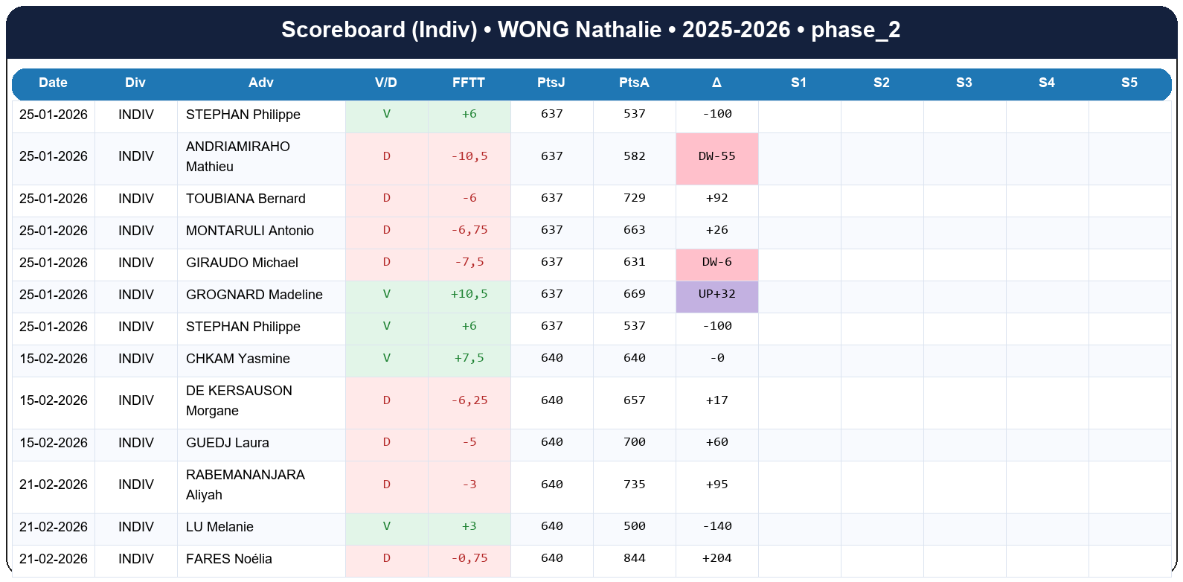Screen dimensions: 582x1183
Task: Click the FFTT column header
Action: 469,83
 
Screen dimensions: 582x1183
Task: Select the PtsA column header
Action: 634,83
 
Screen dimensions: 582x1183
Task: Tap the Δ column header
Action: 716,83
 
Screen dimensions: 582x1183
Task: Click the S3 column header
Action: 964,83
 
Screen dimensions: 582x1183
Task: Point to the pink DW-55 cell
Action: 716,157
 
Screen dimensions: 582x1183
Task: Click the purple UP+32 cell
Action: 716,295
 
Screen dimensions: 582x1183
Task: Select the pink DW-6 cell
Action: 716,263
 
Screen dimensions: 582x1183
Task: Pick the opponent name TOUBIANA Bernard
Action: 246,199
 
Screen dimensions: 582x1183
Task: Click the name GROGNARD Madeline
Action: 254,295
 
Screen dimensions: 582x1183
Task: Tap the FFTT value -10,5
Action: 469,157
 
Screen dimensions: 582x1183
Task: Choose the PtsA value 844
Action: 634,559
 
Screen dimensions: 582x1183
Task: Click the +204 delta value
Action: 716,559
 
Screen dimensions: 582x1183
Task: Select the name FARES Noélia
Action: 228,559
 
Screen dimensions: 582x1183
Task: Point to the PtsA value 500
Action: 634,527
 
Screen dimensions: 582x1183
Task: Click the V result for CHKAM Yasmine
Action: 386,359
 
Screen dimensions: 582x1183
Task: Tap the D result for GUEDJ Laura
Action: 386,443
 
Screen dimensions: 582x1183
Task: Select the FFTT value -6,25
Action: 469,401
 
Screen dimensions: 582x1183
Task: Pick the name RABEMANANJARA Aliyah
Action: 245,485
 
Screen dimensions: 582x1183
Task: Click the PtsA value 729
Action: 634,199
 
